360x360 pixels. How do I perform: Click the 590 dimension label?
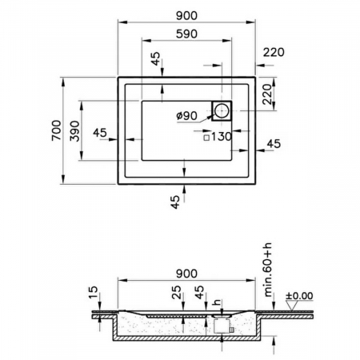coord(186,34)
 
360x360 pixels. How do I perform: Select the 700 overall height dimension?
coord(57,130)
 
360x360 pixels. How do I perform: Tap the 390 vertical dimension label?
coord(74,131)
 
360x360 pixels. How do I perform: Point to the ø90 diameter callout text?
coord(186,116)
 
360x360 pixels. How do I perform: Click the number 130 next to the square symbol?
coord(222,137)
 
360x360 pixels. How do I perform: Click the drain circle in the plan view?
coord(222,110)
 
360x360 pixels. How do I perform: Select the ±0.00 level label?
coord(299,296)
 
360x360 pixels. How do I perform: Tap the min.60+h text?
coord(268,270)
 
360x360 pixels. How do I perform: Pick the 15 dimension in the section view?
coord(93,293)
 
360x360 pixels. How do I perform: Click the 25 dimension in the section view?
coord(177,292)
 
